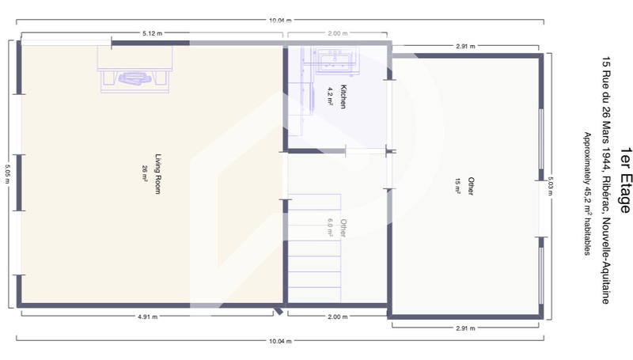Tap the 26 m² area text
click(146, 174)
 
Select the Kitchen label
click(343, 97)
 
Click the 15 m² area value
click(457, 186)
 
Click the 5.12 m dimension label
click(153, 34)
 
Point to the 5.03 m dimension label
click(548, 187)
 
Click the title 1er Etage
click(625, 180)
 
